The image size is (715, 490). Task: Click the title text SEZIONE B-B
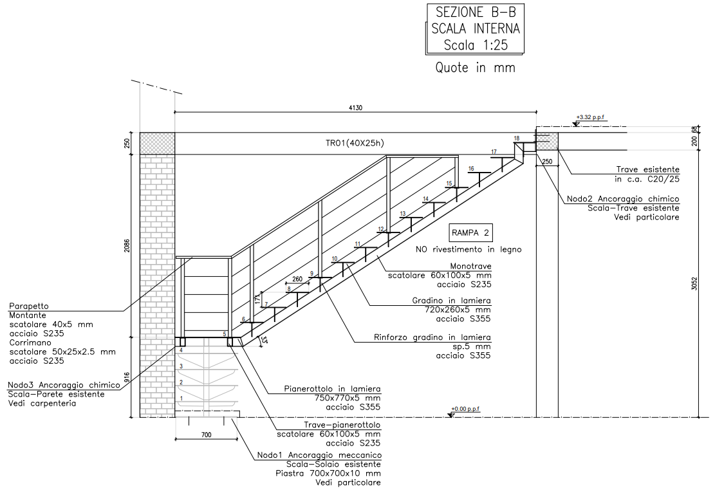tap(476, 12)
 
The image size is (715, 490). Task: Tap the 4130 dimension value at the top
tap(356, 108)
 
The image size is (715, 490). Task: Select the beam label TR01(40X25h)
tap(355, 143)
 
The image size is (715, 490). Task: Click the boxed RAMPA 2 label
tap(470, 233)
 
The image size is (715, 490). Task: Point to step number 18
tap(517, 138)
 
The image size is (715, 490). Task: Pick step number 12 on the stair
tap(381, 229)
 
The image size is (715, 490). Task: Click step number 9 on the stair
tap(311, 274)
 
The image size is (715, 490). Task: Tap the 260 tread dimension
tap(297, 279)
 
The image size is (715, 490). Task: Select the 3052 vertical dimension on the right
tap(694, 284)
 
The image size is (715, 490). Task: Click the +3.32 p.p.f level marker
tap(590, 117)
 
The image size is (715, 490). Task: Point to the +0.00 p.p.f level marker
tap(465, 409)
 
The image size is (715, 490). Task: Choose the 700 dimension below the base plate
tap(206, 435)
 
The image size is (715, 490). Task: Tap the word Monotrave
tap(470, 266)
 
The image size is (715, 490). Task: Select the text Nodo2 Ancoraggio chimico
tap(623, 199)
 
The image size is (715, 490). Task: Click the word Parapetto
tap(28, 306)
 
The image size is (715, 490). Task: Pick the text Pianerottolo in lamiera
tap(332, 389)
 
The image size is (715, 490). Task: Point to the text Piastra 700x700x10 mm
tap(328, 473)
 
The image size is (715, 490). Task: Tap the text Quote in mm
tap(475, 68)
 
